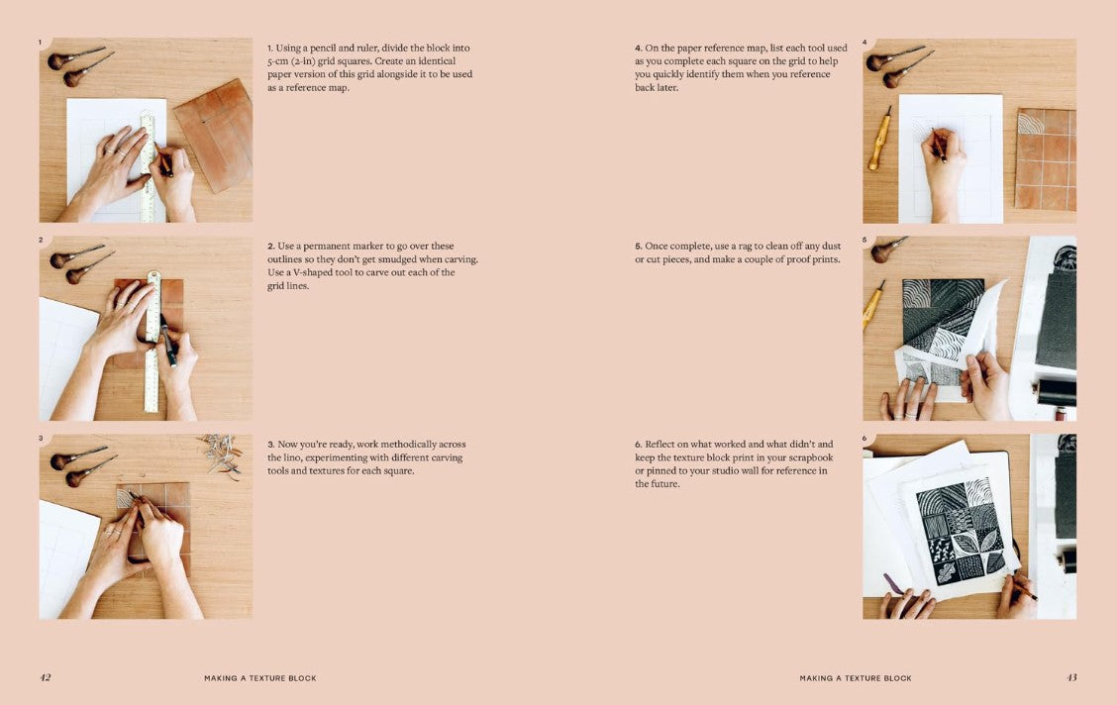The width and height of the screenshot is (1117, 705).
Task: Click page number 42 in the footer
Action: pos(45,677)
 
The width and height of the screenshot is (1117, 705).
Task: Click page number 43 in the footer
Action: pos(1071,677)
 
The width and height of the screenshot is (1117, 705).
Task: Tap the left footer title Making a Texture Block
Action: pos(259,678)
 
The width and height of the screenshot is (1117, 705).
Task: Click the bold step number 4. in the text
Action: pos(639,48)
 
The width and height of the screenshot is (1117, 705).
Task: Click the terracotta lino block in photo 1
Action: pos(214,135)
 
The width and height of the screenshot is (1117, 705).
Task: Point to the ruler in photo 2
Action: pos(152,342)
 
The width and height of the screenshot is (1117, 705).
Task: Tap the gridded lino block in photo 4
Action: pos(1046,158)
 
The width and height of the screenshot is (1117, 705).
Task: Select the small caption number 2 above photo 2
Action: pos(41,240)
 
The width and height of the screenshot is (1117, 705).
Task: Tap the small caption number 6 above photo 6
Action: pos(864,439)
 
